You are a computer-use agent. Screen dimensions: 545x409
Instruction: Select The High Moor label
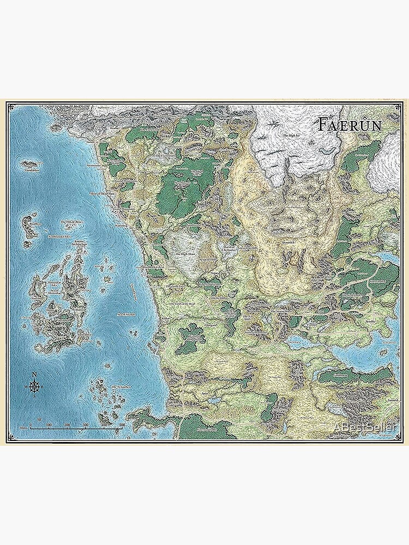click(x=183, y=255)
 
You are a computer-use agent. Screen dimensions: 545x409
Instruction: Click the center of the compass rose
click(x=34, y=386)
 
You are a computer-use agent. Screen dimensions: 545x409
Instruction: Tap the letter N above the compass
click(x=34, y=374)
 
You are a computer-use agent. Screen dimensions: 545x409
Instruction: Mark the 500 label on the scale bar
click(x=122, y=424)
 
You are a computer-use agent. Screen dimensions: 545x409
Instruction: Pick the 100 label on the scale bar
click(x=49, y=424)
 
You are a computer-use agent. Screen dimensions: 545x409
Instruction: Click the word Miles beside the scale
click(x=23, y=429)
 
